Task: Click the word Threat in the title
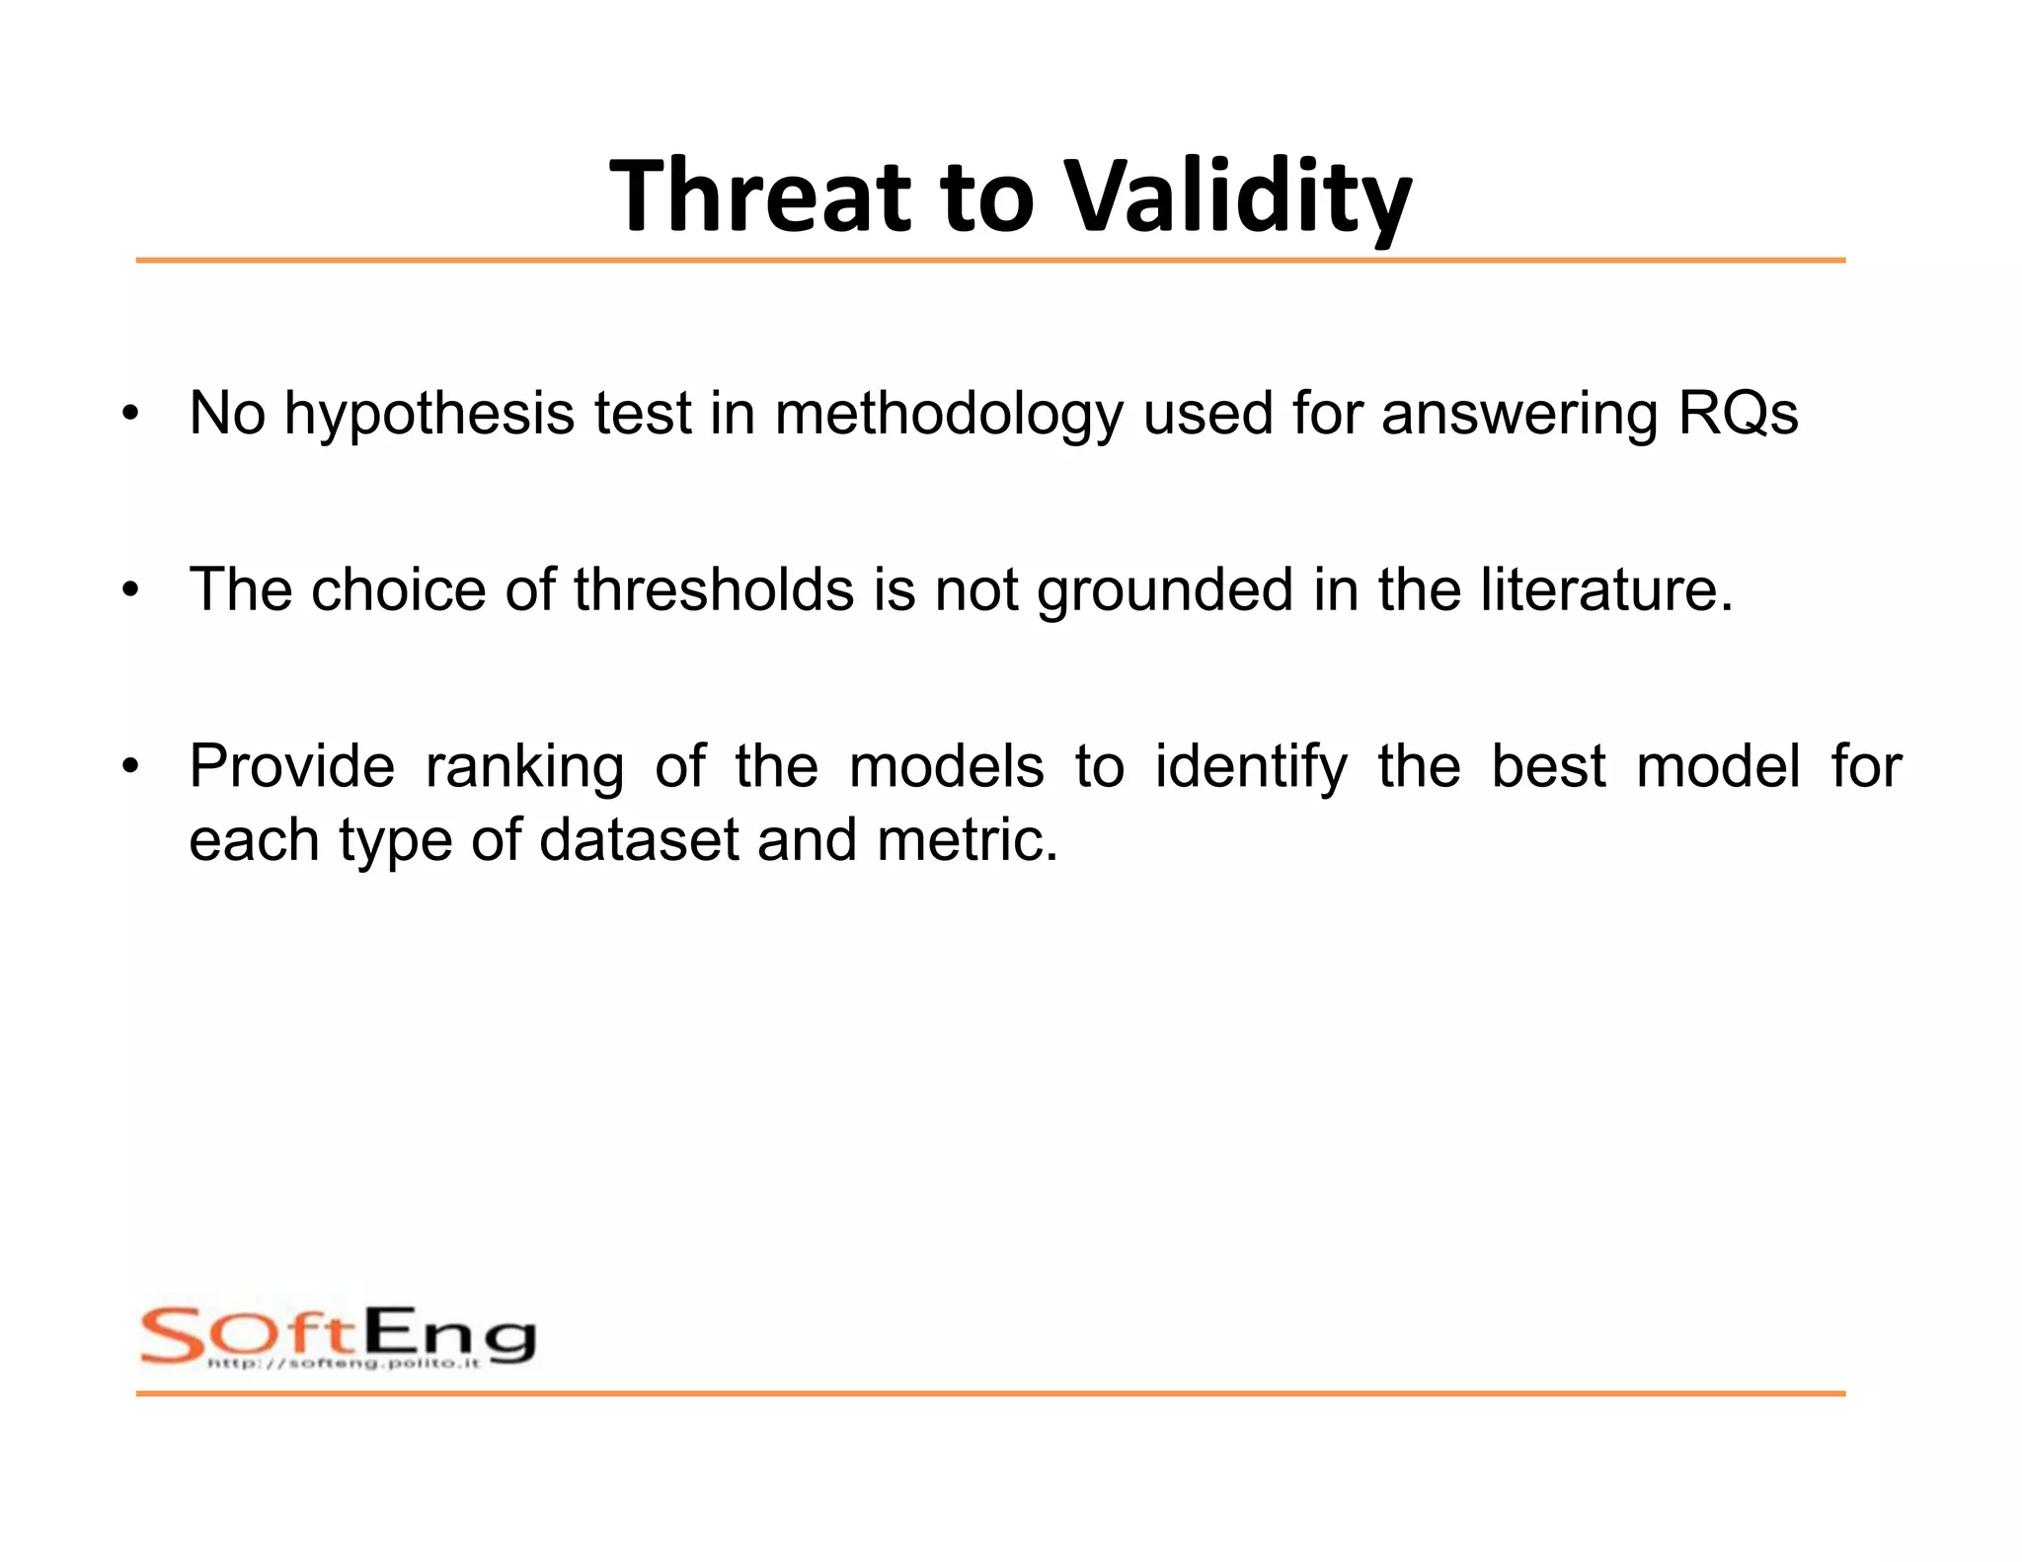[759, 195]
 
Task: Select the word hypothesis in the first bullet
[428, 414]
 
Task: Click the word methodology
[949, 414]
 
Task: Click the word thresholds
[713, 589]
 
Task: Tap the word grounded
[1164, 589]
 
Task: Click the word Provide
[291, 766]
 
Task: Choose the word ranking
[524, 768]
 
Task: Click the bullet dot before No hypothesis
[130, 415]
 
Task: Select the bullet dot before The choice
[130, 590]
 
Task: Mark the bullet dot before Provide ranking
[130, 767]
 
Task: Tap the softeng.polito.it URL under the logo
[344, 1364]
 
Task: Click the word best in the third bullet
[1547, 766]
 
